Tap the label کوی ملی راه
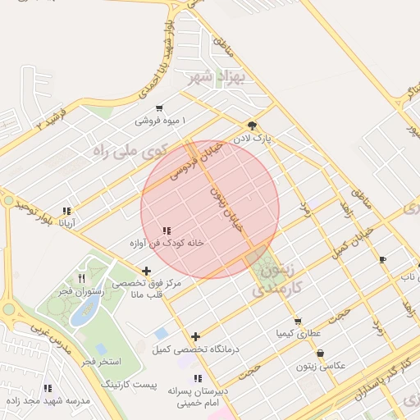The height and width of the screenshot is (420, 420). tap(132, 149)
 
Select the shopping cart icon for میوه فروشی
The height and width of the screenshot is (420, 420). tap(158, 108)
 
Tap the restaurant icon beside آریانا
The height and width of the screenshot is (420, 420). tap(66, 210)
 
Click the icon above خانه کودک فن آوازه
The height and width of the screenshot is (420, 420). tap(167, 231)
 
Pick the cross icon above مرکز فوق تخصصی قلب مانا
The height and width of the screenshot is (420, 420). tap(147, 271)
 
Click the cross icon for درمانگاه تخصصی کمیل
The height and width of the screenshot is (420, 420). tap(195, 336)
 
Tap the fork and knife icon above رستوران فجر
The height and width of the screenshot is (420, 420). tap(80, 279)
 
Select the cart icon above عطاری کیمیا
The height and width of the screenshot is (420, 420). tap(297, 321)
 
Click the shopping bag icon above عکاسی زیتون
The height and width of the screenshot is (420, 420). tap(319, 354)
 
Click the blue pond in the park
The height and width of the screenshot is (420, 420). tap(85, 309)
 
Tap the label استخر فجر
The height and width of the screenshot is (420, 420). tap(102, 362)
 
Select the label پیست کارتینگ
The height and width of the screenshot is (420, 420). tap(129, 385)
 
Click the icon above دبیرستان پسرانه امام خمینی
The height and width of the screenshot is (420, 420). tap(197, 378)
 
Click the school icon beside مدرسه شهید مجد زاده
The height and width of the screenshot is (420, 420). tap(48, 387)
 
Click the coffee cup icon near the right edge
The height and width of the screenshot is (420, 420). tap(382, 260)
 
